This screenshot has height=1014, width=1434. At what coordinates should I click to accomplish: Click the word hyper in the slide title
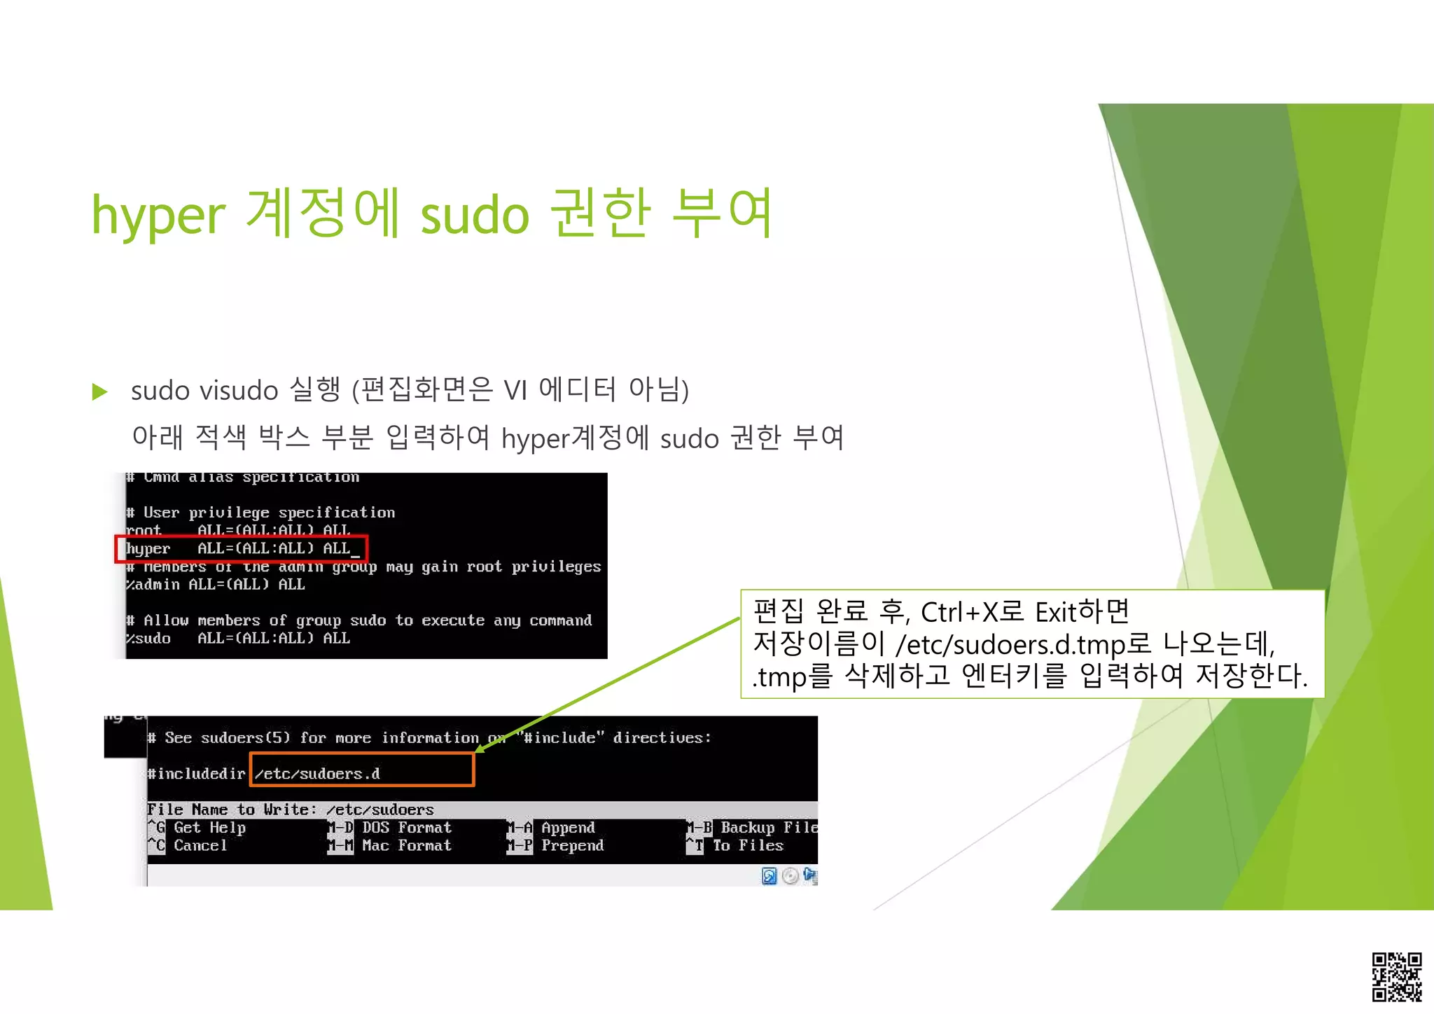pyautogui.click(x=158, y=216)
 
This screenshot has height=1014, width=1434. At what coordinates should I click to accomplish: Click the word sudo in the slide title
pyautogui.click(x=474, y=216)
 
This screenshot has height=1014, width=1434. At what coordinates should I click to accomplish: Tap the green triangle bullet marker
pyautogui.click(x=100, y=391)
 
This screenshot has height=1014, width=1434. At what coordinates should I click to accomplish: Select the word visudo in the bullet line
pyautogui.click(x=239, y=391)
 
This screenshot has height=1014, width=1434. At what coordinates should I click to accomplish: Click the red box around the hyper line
pyautogui.click(x=242, y=549)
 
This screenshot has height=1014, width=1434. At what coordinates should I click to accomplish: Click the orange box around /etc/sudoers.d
pyautogui.click(x=362, y=770)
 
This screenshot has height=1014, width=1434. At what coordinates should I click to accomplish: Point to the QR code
pyautogui.click(x=1396, y=976)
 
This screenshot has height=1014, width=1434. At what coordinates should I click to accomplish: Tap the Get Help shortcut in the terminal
pyautogui.click(x=209, y=828)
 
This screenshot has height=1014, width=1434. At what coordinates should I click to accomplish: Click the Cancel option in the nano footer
pyautogui.click(x=200, y=846)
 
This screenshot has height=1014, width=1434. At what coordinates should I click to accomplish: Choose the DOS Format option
pyautogui.click(x=406, y=828)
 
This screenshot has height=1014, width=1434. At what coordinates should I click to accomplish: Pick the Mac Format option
pyautogui.click(x=406, y=846)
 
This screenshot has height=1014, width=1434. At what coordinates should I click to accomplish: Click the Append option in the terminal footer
pyautogui.click(x=567, y=828)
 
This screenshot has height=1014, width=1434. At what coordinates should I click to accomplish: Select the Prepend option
pyautogui.click(x=571, y=846)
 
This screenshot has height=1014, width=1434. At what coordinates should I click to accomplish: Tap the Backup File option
pyautogui.click(x=767, y=828)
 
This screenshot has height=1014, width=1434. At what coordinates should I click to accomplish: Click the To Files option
pyautogui.click(x=747, y=846)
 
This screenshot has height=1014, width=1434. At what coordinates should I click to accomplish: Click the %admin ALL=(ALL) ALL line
pyautogui.click(x=215, y=585)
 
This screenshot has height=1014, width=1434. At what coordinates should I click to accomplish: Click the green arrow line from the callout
pyautogui.click(x=609, y=685)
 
